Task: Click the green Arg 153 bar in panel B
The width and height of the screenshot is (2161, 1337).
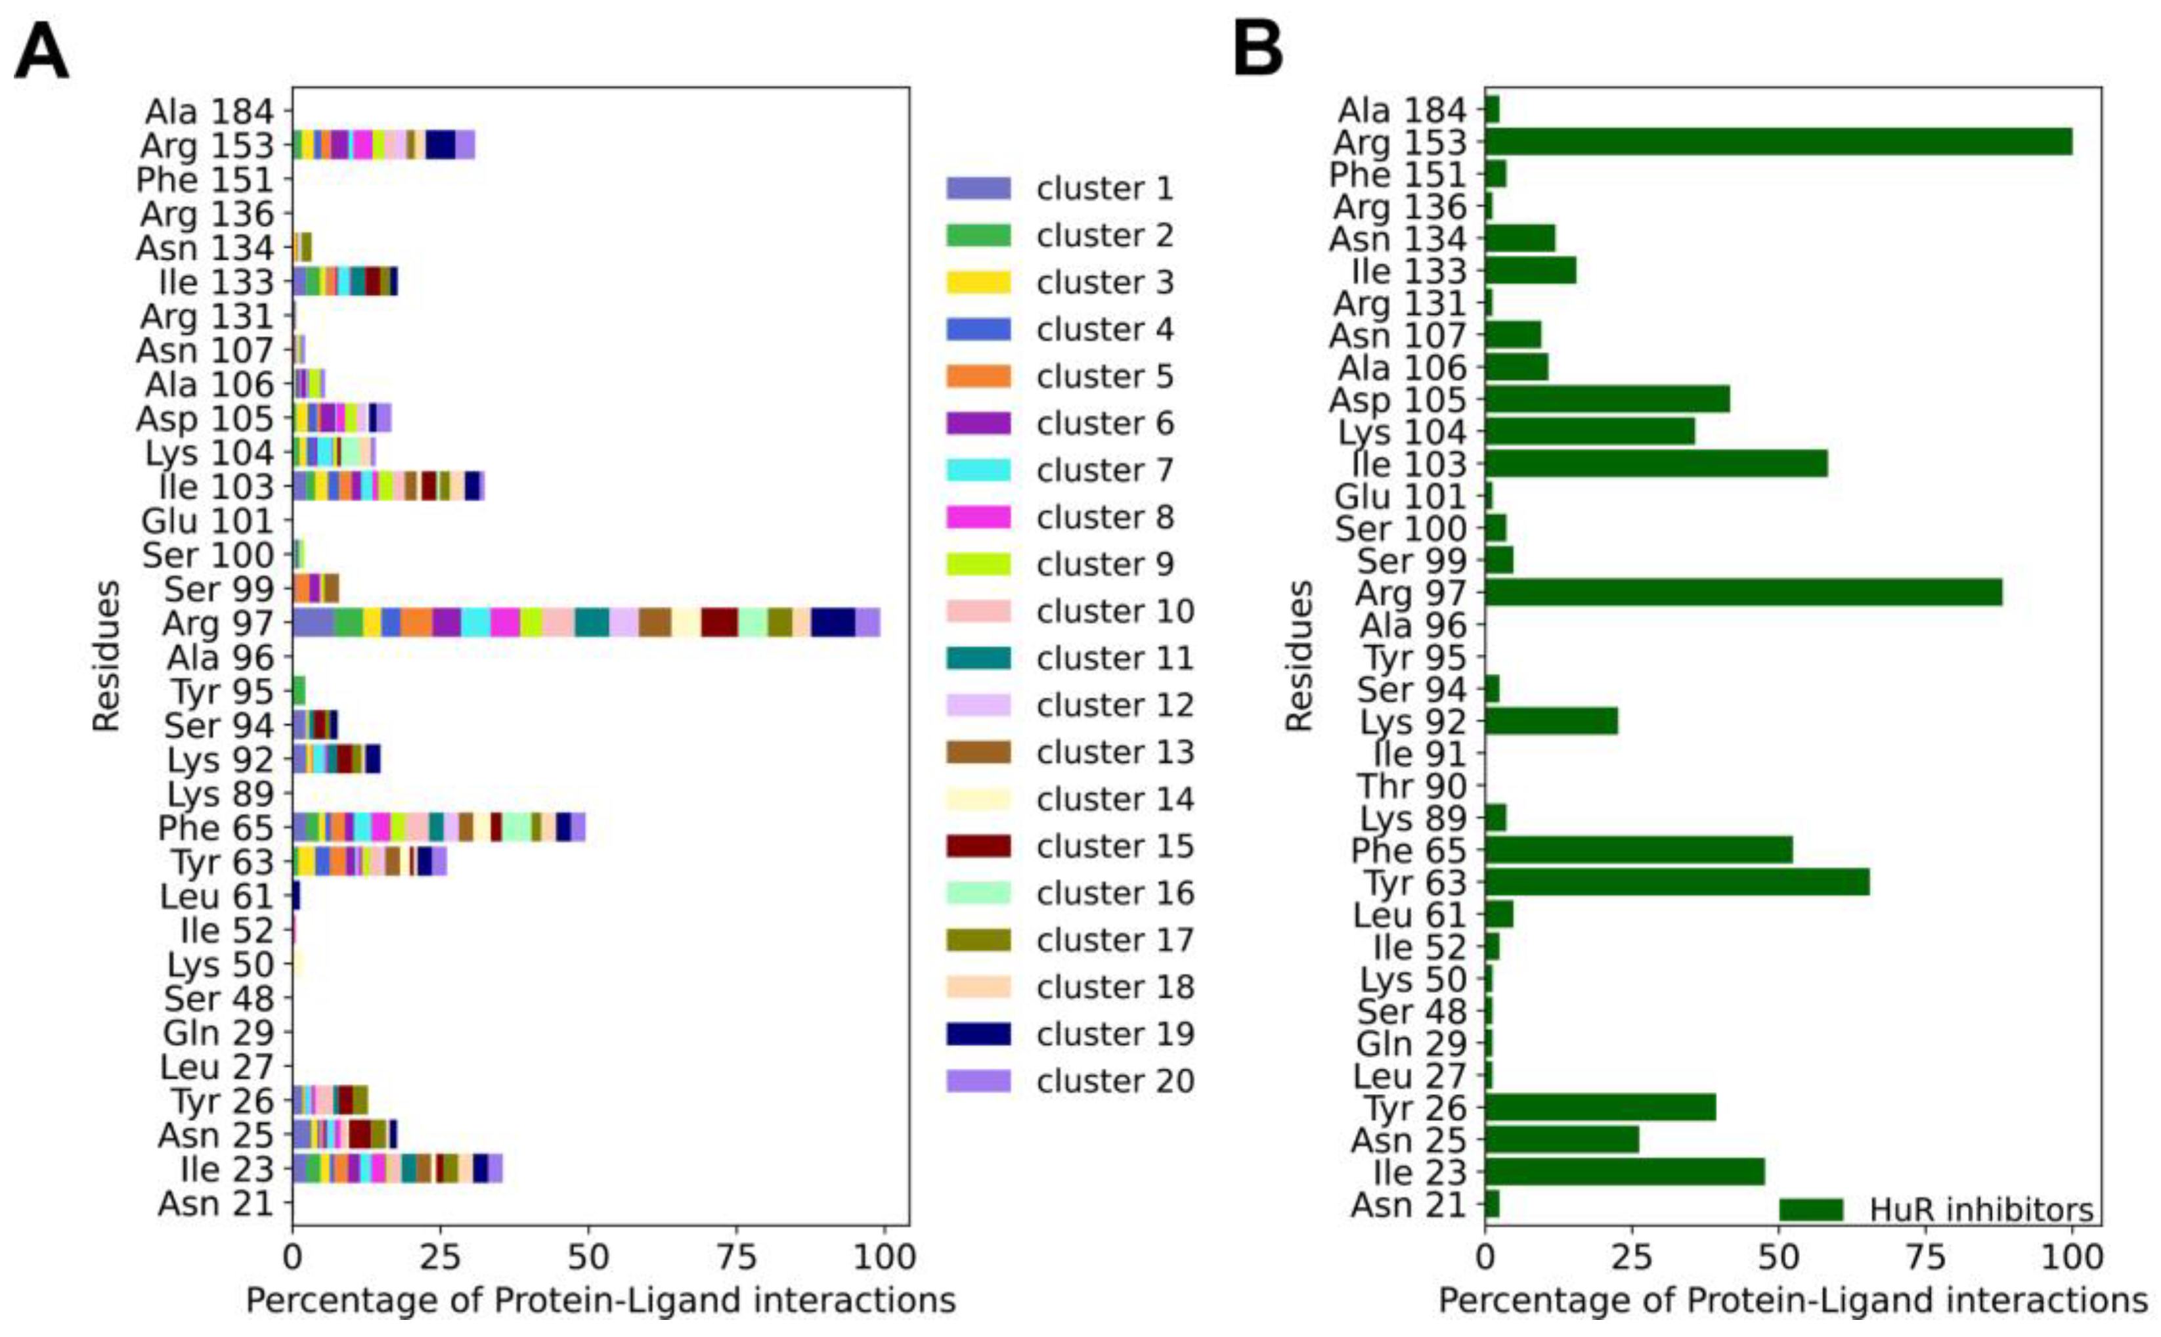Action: click(x=1778, y=141)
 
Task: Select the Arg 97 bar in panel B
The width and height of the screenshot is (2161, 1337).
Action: click(x=1742, y=592)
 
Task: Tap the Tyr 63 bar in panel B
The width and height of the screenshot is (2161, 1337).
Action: click(x=1676, y=883)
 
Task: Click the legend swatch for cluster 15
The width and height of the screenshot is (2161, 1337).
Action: click(x=978, y=846)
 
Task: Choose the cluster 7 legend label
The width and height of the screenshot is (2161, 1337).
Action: click(x=1104, y=470)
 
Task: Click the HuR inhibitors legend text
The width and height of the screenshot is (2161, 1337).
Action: click(x=1980, y=1210)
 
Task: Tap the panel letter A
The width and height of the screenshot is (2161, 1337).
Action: click(x=41, y=53)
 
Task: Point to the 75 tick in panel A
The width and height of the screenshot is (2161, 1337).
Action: click(x=737, y=1256)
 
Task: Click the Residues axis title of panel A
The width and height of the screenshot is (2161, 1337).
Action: click(x=106, y=655)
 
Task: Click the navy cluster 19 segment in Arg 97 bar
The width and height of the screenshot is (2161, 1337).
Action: click(x=832, y=623)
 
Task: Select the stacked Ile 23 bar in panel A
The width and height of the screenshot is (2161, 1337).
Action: click(x=397, y=1168)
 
